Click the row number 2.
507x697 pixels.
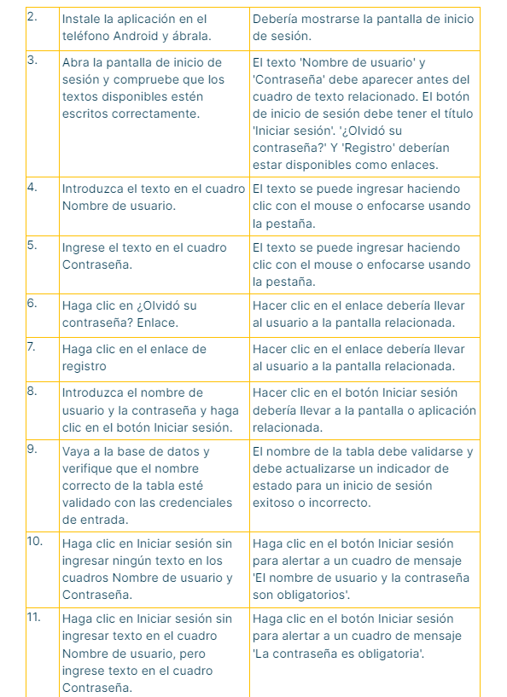pyautogui.click(x=32, y=17)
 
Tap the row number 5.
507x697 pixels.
pyautogui.click(x=32, y=246)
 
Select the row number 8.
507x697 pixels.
pyautogui.click(x=32, y=391)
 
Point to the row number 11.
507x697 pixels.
pyautogui.click(x=34, y=617)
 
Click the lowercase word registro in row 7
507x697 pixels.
pyautogui.click(x=84, y=366)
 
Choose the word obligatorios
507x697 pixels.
pyautogui.click(x=312, y=595)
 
